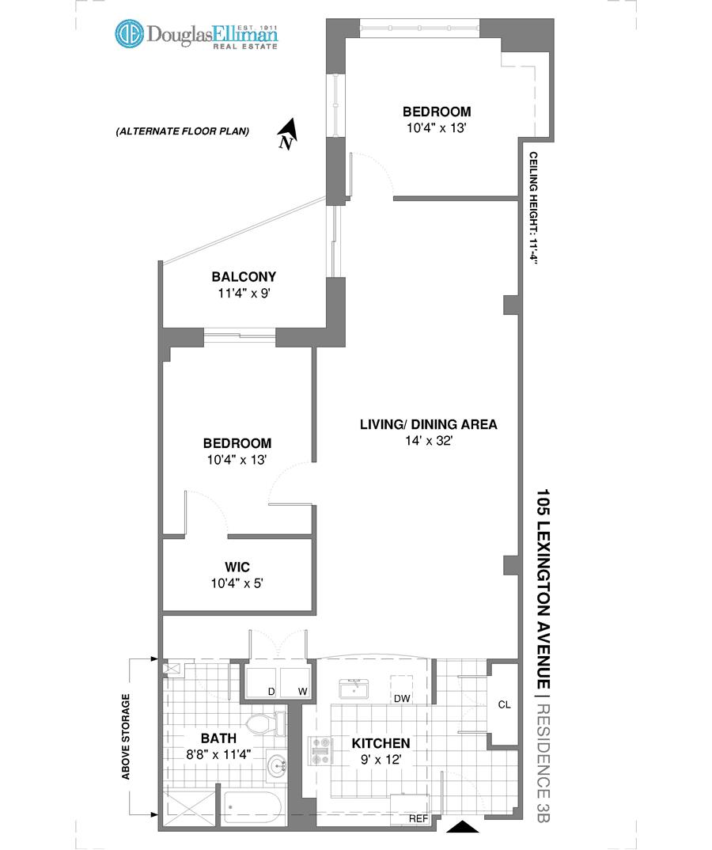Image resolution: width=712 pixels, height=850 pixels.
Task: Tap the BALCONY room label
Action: click(x=244, y=277)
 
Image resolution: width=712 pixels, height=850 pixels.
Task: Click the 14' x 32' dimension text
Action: click(x=428, y=441)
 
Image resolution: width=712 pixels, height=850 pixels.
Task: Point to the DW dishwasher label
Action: click(x=403, y=698)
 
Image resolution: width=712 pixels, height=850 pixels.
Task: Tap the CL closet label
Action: click(x=504, y=704)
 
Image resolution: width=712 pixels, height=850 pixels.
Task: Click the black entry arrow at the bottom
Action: click(x=463, y=828)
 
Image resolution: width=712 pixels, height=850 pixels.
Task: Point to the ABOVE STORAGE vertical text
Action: click(x=126, y=737)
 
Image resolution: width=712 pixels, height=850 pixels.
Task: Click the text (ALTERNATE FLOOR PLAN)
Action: click(x=182, y=131)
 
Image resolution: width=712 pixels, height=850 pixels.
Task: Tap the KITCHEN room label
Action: click(x=381, y=743)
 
